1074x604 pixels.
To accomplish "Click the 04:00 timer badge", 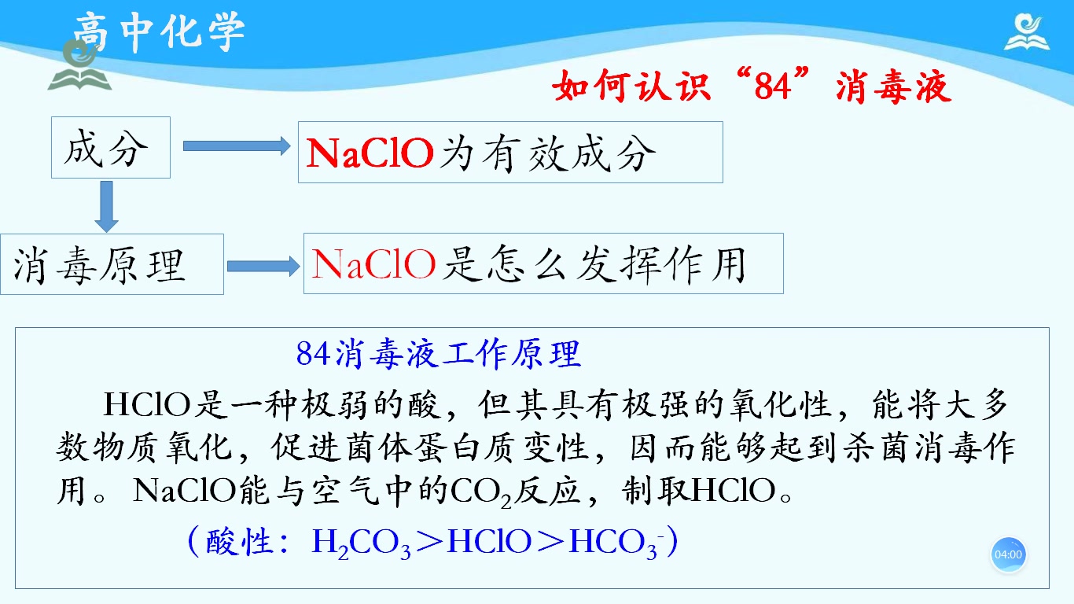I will coord(1008,554).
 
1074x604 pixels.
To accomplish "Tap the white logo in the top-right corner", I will coord(1027,32).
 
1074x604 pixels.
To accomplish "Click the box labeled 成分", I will coord(110,147).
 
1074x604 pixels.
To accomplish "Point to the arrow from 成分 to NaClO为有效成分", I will coord(237,145).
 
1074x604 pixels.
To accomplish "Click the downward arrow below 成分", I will coord(105,205).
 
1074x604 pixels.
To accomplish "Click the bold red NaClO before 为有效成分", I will coord(370,153).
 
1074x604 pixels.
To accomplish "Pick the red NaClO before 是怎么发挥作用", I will coord(373,264).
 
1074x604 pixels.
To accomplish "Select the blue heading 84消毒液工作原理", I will coord(439,354).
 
